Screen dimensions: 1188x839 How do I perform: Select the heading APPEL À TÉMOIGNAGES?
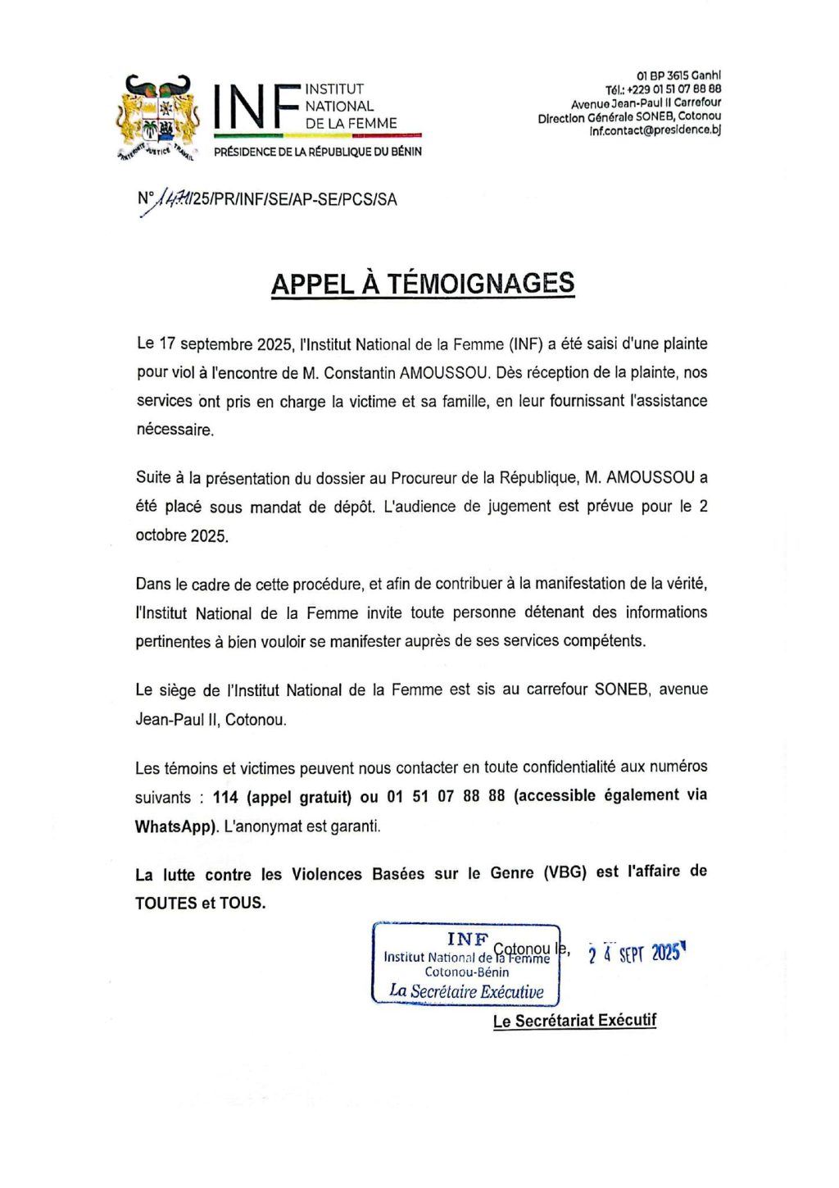423,284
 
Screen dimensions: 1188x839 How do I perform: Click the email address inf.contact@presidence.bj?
655,131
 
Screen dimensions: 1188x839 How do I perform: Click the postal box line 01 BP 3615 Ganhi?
678,75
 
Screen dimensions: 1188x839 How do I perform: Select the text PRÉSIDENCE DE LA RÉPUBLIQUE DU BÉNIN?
318,152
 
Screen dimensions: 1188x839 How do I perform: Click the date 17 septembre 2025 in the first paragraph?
226,344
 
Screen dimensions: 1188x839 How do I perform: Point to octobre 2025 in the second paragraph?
181,536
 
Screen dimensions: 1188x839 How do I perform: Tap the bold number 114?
225,797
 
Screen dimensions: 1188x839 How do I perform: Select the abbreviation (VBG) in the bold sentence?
565,872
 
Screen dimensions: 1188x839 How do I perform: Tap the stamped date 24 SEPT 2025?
636,953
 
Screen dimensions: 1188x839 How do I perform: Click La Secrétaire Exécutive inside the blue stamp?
466,991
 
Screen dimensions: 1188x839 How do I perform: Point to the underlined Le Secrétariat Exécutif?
574,1021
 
